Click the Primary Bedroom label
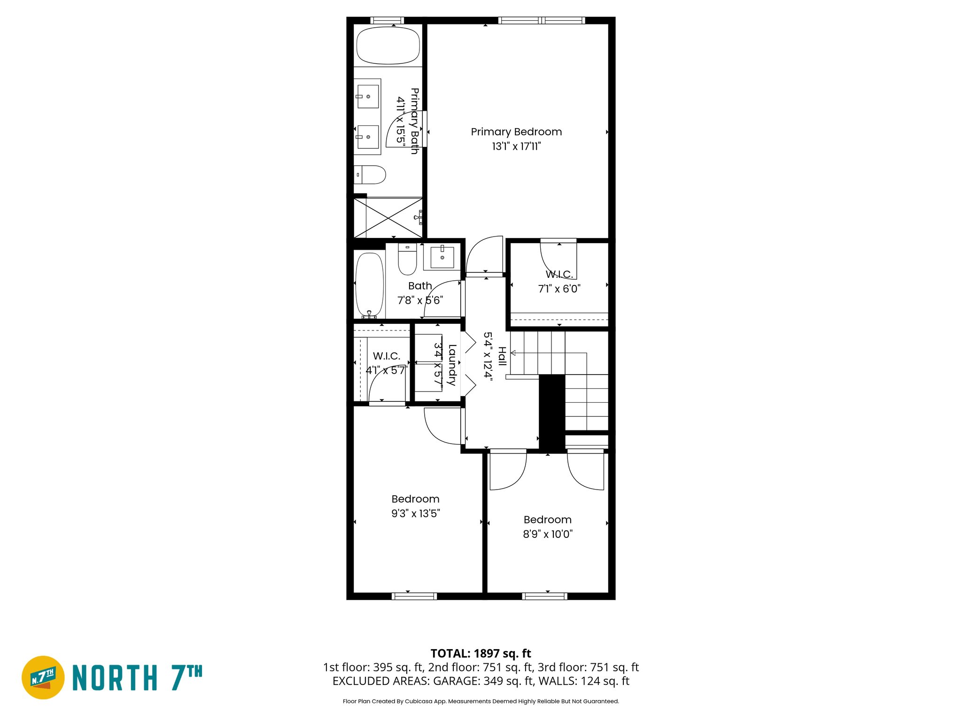pos(516,132)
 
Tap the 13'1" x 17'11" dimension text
pos(516,146)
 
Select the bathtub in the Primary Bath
pos(388,46)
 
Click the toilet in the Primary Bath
pos(370,175)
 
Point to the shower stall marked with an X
pos(388,218)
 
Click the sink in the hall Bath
pos(442,257)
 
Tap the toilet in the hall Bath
pos(407,259)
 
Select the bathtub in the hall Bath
pos(369,284)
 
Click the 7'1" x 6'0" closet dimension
pos(559,289)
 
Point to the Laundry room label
pos(452,365)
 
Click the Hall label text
pos(502,357)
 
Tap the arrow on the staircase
pos(514,353)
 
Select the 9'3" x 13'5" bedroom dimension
pos(415,514)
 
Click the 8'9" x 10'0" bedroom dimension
pos(548,534)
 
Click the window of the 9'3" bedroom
pos(414,596)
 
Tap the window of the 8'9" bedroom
pos(544,596)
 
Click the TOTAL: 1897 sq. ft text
pos(481,653)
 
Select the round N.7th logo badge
pos(43,677)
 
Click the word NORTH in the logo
pos(115,678)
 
